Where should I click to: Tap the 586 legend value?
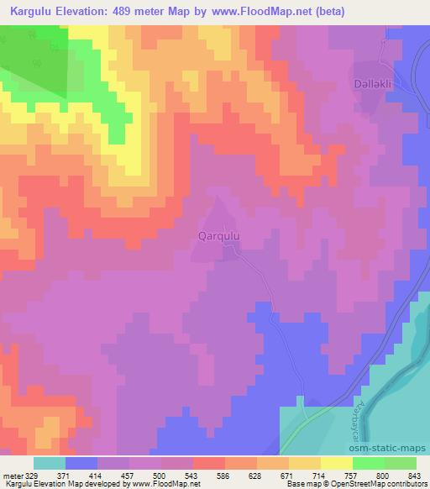pyautogui.click(x=223, y=475)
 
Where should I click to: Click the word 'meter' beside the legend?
pyautogui.click(x=10, y=475)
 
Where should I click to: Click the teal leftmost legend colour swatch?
pyautogui.click(x=49, y=463)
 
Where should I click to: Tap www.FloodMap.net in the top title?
pyautogui.click(x=253, y=13)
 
